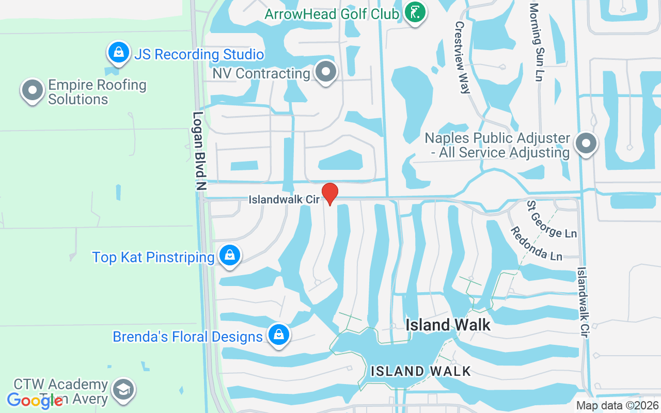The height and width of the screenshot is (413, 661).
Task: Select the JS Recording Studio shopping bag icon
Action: [119, 53]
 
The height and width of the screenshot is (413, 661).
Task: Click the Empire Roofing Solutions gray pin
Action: [33, 90]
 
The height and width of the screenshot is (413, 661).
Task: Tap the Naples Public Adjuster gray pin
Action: [586, 144]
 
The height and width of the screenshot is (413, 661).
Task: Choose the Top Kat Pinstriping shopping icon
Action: [229, 256]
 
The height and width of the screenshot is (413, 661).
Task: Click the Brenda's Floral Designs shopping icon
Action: [279, 336]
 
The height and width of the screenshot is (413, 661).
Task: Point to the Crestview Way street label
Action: [462, 57]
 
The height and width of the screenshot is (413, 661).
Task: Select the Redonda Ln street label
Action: [537, 242]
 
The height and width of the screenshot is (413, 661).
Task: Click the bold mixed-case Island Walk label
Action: [448, 325]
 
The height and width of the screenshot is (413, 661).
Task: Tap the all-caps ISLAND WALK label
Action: [421, 371]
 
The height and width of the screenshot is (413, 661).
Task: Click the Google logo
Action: [35, 400]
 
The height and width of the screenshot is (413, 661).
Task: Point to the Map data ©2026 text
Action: [618, 406]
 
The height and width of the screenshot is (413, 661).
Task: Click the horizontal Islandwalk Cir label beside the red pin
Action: [284, 199]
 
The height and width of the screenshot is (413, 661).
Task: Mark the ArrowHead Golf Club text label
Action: [332, 13]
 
